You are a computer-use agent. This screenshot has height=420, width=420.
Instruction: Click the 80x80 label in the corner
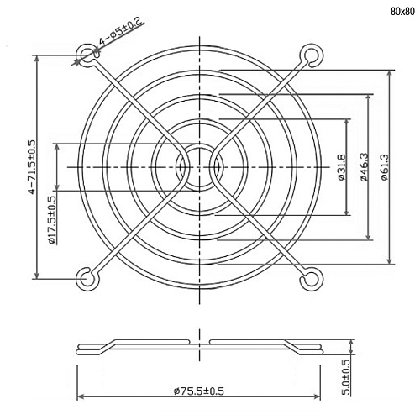[402, 12]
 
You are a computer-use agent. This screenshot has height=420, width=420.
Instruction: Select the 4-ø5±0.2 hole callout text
[121, 31]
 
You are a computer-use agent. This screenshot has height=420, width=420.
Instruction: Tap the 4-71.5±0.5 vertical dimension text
[32, 167]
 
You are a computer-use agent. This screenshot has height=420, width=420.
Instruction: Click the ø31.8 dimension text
[342, 167]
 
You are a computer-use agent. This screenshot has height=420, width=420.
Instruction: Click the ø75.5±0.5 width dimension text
[198, 391]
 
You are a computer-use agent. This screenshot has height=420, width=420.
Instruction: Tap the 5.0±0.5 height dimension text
[346, 377]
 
